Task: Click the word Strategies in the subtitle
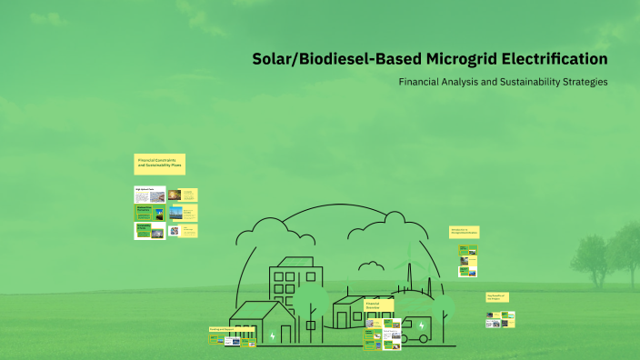click(587, 82)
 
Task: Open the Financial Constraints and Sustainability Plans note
click(160, 163)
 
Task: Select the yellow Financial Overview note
click(377, 305)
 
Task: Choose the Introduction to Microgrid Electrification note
click(464, 233)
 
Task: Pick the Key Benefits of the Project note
click(496, 297)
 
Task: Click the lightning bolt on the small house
click(272, 335)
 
